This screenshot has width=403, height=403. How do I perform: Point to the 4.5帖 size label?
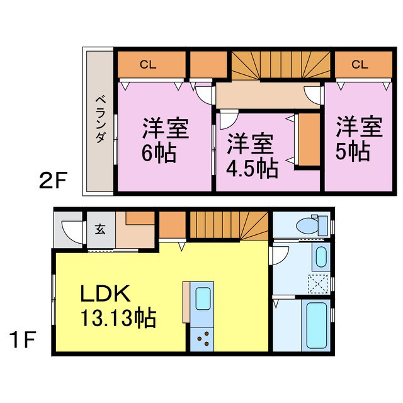[251, 169]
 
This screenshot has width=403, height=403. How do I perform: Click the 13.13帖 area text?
[117, 317]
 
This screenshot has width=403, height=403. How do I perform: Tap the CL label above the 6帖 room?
[148, 64]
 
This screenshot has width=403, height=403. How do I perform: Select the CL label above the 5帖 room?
[360, 64]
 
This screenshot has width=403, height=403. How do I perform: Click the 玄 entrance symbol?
[101, 229]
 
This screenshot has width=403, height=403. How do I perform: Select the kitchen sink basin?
[203, 299]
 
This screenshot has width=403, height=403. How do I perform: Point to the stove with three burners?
[203, 341]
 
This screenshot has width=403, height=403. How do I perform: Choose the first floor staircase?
[229, 226]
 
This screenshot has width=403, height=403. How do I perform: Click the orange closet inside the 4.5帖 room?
[308, 140]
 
